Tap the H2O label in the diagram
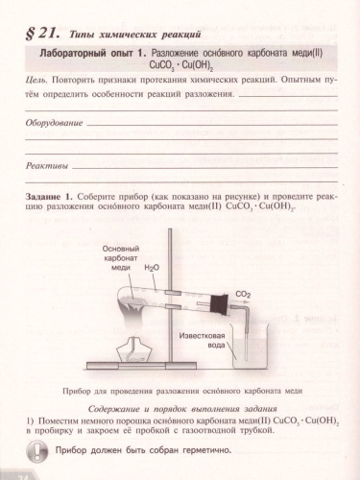[152, 269]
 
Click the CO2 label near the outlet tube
[243, 295]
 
